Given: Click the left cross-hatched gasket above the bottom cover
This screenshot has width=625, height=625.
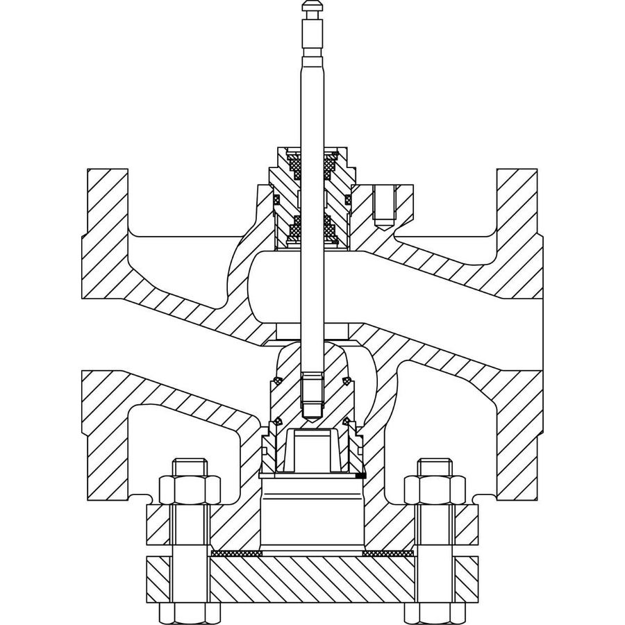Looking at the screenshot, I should [x=236, y=553].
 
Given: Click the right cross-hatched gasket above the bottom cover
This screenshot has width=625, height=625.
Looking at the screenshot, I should [x=388, y=553].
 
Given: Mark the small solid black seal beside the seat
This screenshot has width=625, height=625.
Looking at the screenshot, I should [x=360, y=476].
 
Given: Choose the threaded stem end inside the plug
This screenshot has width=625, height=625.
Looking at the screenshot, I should [x=312, y=396].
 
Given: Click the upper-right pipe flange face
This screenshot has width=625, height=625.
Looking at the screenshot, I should [x=518, y=201].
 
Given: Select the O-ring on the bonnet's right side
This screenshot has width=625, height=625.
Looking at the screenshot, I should [x=347, y=200].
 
